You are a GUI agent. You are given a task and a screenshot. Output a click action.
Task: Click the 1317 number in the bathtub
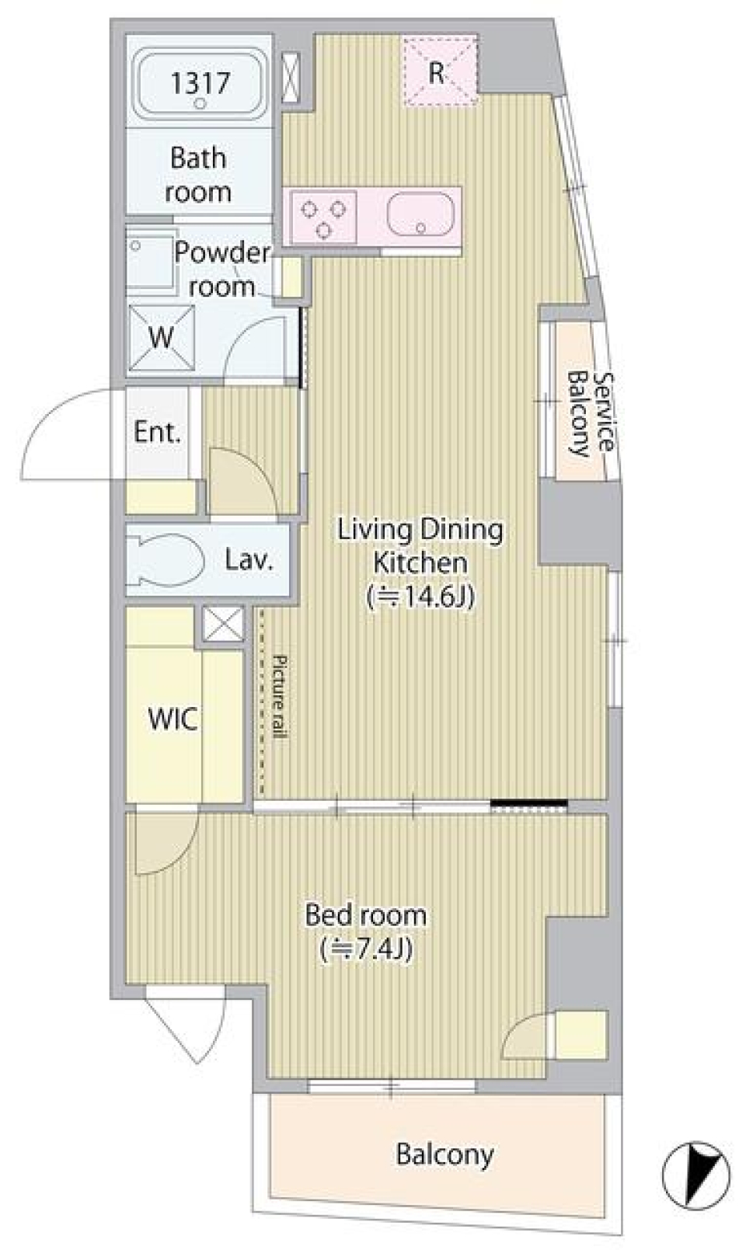[x=200, y=83]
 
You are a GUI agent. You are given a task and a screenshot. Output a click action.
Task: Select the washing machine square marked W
[x=162, y=338]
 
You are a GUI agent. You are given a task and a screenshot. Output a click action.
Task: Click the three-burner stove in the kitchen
[x=323, y=217]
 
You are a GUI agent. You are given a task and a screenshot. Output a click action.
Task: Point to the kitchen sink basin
[x=420, y=215]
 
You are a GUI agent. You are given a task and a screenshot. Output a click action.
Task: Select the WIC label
[x=173, y=719]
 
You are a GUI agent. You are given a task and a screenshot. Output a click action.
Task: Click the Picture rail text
[x=279, y=697]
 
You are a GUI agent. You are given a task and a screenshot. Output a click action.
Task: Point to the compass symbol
[x=695, y=1175]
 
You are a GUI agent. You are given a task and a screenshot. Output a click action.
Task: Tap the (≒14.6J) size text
[x=420, y=597]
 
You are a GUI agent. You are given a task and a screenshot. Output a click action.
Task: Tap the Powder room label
[x=221, y=270]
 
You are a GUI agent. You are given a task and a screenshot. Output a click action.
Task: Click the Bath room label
[x=198, y=176]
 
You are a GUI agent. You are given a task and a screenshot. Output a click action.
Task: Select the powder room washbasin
[x=150, y=260]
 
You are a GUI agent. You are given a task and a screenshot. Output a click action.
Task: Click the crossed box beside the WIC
[x=223, y=624]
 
